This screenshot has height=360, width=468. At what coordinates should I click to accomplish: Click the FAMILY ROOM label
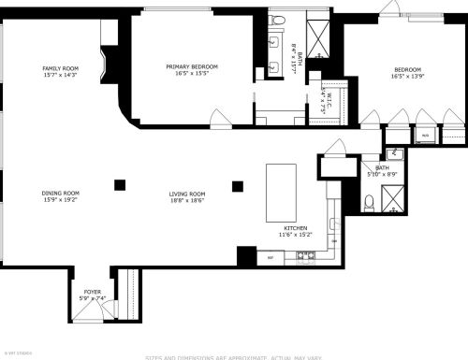click(59, 68)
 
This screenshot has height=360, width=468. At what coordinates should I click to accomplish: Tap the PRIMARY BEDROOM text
click(192, 66)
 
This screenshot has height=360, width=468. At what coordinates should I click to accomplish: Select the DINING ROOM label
click(59, 194)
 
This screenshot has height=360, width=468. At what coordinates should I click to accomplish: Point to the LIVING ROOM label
click(187, 194)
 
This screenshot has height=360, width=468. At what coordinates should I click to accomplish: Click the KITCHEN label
click(297, 228)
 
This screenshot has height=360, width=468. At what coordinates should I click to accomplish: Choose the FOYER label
click(92, 292)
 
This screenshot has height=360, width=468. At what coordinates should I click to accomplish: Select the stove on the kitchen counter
click(304, 255)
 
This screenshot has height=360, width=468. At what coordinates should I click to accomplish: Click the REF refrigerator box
click(271, 256)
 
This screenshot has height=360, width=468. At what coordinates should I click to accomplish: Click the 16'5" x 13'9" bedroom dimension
click(407, 77)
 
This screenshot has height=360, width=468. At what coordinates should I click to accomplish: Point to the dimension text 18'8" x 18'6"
click(187, 200)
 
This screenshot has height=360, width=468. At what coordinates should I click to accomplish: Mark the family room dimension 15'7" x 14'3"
click(59, 75)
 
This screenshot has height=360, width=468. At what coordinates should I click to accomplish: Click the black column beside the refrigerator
click(246, 254)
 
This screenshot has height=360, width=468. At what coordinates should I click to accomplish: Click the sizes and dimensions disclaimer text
click(234, 356)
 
